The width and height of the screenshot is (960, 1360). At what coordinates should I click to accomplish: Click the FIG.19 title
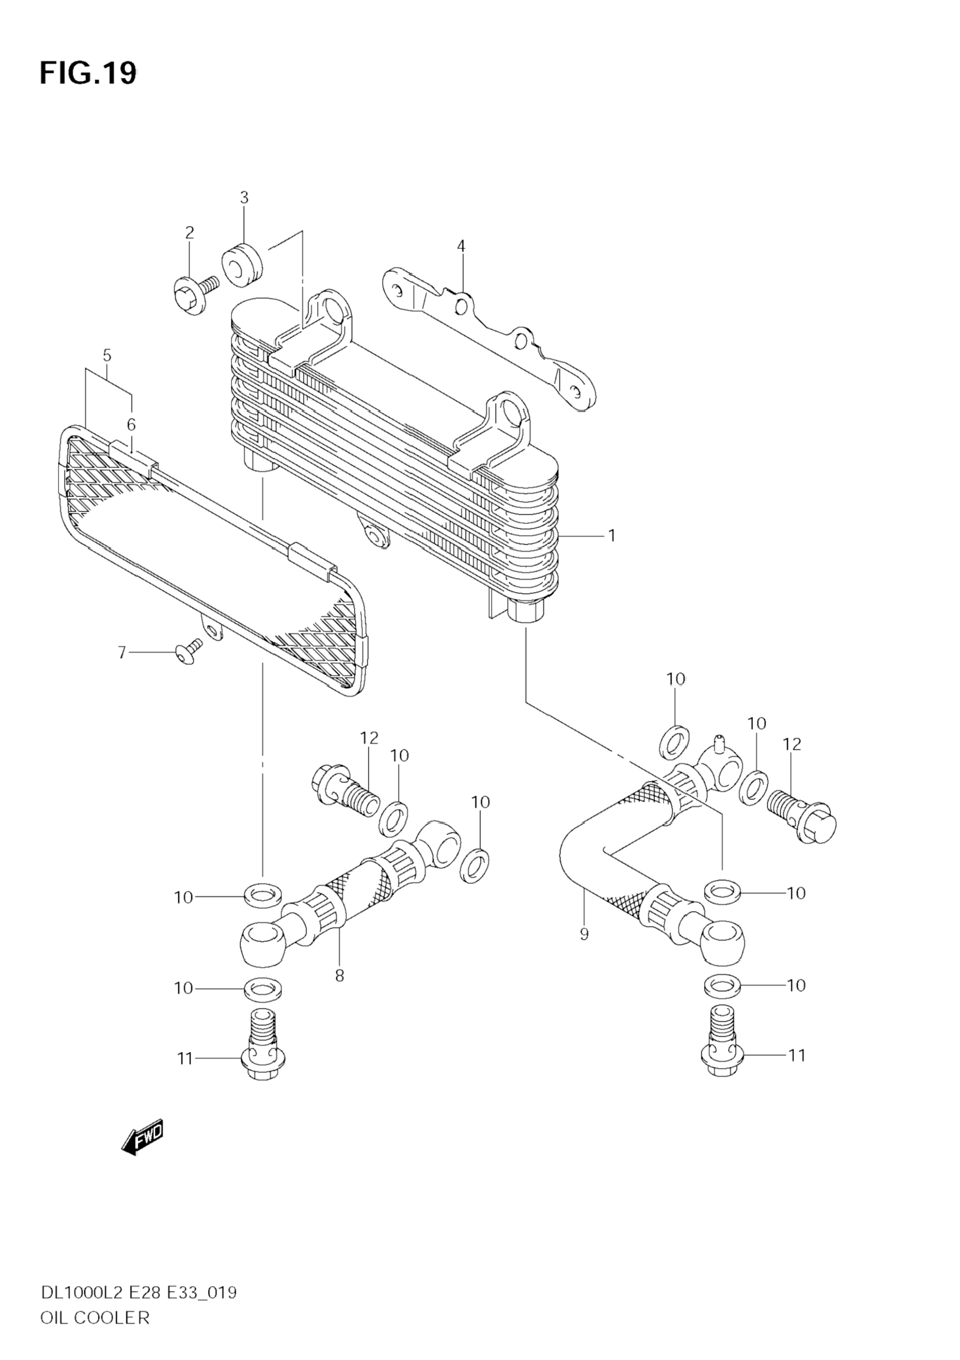(x=88, y=74)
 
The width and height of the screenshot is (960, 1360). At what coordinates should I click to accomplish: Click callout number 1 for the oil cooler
(x=611, y=536)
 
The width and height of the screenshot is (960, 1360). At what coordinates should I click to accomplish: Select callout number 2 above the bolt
(x=189, y=233)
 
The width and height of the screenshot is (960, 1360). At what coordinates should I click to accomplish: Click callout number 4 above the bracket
(x=461, y=246)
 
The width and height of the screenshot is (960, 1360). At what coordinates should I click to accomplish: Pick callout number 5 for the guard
(x=106, y=355)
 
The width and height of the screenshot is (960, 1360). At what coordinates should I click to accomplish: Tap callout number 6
(x=131, y=424)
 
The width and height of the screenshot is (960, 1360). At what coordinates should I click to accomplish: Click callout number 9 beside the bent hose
(x=584, y=935)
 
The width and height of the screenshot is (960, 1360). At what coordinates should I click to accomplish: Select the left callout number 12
(x=369, y=738)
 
